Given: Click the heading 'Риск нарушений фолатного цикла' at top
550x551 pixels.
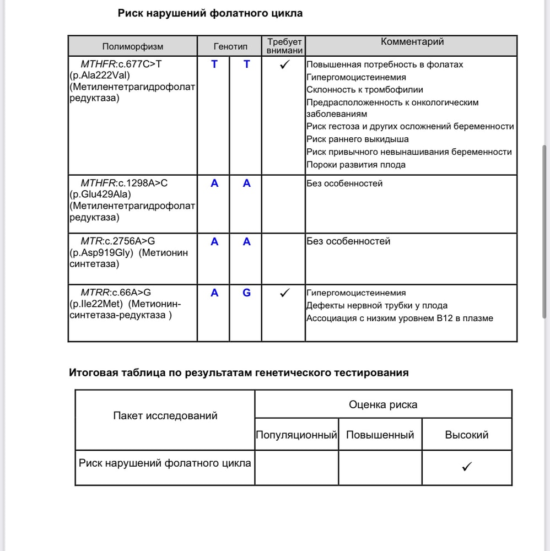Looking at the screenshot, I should [210, 13].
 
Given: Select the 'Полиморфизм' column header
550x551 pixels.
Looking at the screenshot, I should [133, 47].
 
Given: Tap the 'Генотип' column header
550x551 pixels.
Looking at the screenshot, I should [230, 47].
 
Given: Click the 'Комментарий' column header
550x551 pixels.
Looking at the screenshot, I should [412, 42].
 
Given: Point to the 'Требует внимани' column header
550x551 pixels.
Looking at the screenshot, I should [284, 46].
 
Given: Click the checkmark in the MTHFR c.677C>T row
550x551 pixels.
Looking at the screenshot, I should [285, 65].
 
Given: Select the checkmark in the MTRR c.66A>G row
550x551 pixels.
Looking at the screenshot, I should [284, 293].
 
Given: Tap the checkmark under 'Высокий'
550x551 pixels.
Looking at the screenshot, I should [467, 467].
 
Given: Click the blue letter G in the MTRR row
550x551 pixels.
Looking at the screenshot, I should [246, 293].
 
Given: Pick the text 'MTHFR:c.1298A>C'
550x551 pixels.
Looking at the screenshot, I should [124, 183].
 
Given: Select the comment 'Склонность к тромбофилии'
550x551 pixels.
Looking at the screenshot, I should [365, 90].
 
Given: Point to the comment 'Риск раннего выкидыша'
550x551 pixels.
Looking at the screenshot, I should [358, 139].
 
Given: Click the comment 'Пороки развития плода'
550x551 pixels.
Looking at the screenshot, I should [356, 165].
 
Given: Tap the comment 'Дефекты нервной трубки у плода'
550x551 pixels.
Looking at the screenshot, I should [377, 306].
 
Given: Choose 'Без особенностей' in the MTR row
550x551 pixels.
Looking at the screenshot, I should [348, 241].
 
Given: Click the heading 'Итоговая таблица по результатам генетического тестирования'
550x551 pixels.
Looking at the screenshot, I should [239, 372].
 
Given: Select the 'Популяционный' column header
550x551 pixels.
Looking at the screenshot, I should [296, 435].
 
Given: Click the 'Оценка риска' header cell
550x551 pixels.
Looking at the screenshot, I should [383, 404].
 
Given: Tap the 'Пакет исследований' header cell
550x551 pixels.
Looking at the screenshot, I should [165, 416].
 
